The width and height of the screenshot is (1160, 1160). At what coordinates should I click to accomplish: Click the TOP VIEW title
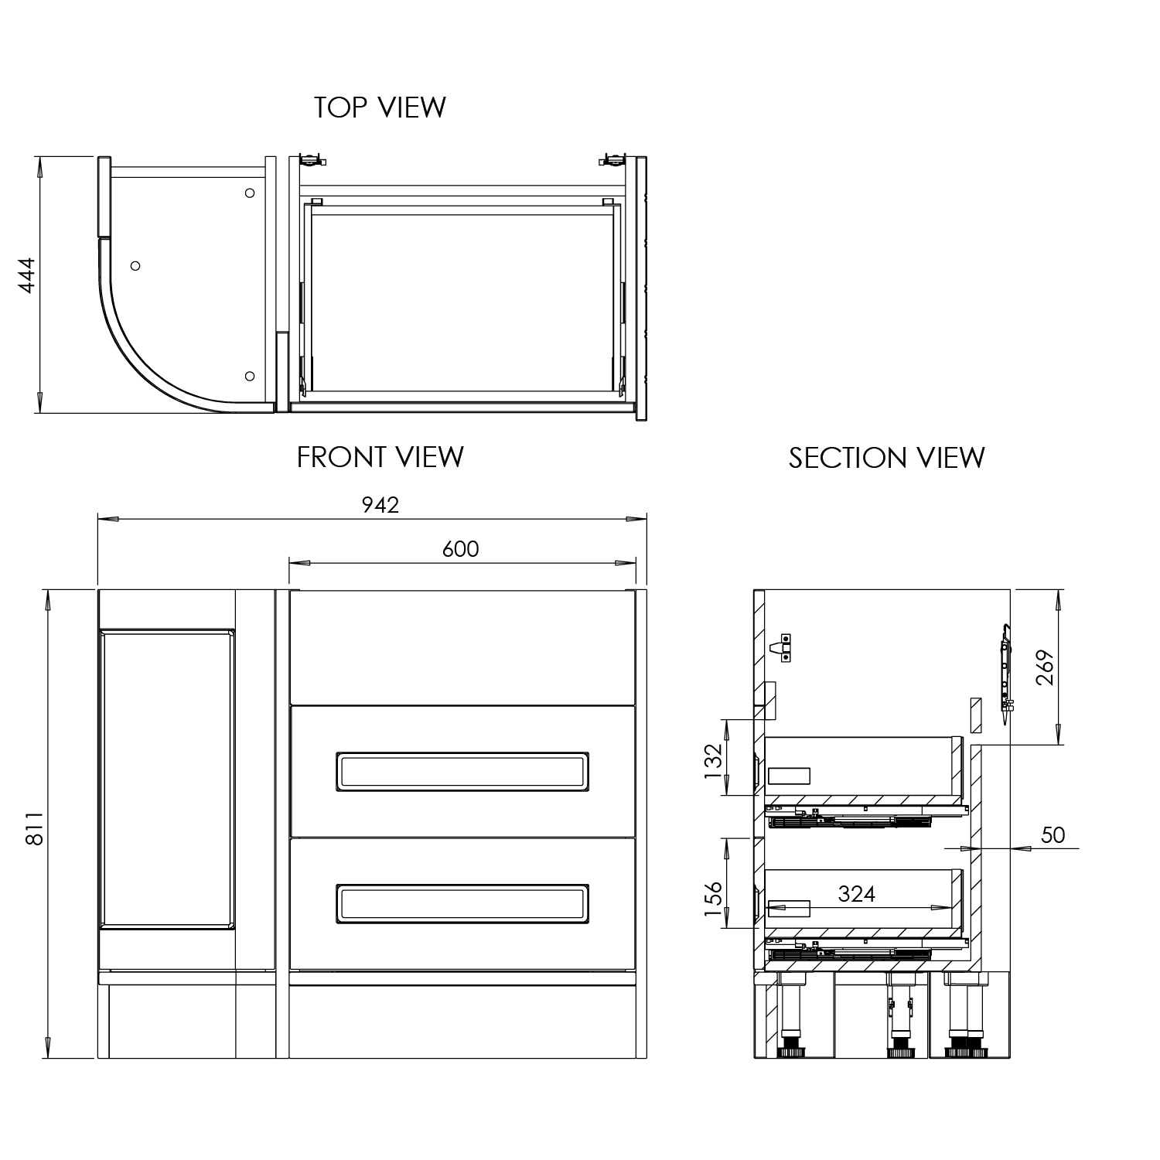click(380, 107)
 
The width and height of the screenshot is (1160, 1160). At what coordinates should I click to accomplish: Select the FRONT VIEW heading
click(380, 457)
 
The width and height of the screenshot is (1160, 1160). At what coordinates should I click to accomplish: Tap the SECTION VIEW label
click(886, 458)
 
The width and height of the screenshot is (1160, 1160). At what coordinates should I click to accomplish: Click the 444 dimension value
click(28, 275)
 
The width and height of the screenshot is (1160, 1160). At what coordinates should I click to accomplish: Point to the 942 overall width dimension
click(380, 505)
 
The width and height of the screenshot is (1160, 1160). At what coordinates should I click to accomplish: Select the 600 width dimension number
click(461, 549)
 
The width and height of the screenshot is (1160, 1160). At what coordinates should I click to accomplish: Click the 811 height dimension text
click(34, 828)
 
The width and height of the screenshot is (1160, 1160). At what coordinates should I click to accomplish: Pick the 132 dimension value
click(713, 759)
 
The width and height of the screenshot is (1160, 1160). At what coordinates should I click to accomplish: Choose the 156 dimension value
click(713, 899)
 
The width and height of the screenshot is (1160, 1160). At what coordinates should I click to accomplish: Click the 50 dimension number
click(1053, 835)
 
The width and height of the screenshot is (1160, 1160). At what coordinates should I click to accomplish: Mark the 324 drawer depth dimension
click(857, 894)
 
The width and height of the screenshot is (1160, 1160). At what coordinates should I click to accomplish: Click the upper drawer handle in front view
click(462, 771)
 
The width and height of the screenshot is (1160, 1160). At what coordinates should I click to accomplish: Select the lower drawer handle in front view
click(462, 903)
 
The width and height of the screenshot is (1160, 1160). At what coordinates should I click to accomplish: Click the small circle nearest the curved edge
click(135, 266)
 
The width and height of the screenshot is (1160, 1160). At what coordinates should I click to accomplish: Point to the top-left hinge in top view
click(311, 161)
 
